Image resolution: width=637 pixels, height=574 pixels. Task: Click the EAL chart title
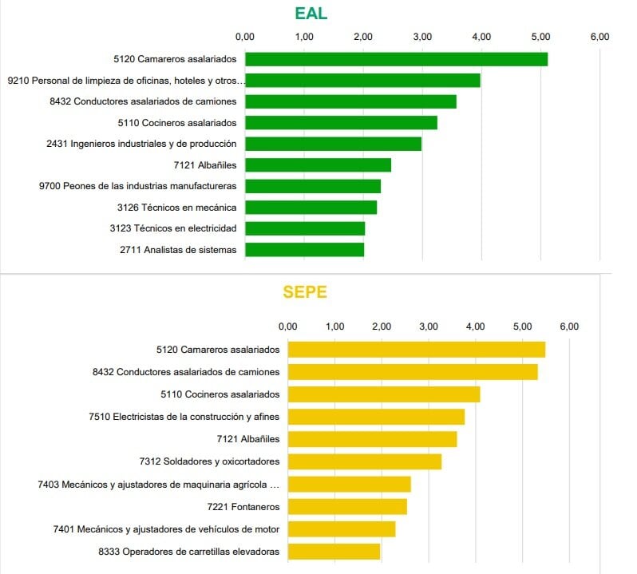pos(311,14)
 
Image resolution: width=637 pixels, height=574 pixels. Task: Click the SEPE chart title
pos(305,292)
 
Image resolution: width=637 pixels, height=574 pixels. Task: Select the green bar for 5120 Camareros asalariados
pos(396,59)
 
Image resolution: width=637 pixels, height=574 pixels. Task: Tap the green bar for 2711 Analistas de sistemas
pos(304,250)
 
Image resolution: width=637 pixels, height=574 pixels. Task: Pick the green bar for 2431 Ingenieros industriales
pos(333,144)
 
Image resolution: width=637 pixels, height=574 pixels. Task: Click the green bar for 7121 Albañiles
pos(318,165)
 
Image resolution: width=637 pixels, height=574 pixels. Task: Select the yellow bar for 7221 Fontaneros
pos(347,507)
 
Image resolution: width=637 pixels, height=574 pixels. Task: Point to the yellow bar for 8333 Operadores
pos(334,552)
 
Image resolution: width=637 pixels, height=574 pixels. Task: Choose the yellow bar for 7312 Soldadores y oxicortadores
pos(364,461)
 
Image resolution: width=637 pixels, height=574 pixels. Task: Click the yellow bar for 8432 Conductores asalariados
pos(412,372)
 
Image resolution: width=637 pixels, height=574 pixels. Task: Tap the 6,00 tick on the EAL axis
pos(599,37)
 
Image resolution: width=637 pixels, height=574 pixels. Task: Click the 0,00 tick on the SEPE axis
pos(287,327)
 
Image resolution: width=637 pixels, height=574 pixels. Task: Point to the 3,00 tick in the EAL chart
pos(422,37)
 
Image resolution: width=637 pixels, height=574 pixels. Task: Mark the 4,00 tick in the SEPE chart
pos(476,327)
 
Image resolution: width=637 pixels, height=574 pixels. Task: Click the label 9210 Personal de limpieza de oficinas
pos(125,81)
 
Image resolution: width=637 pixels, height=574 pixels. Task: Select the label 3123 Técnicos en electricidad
pos(173,228)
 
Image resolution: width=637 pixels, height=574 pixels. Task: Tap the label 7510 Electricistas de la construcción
pos(185,417)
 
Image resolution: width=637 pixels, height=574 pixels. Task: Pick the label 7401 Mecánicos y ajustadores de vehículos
pos(166,529)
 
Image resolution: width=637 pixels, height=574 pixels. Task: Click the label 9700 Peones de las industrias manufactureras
pos(137,186)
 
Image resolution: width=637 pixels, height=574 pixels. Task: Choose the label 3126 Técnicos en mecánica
pos(176,208)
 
